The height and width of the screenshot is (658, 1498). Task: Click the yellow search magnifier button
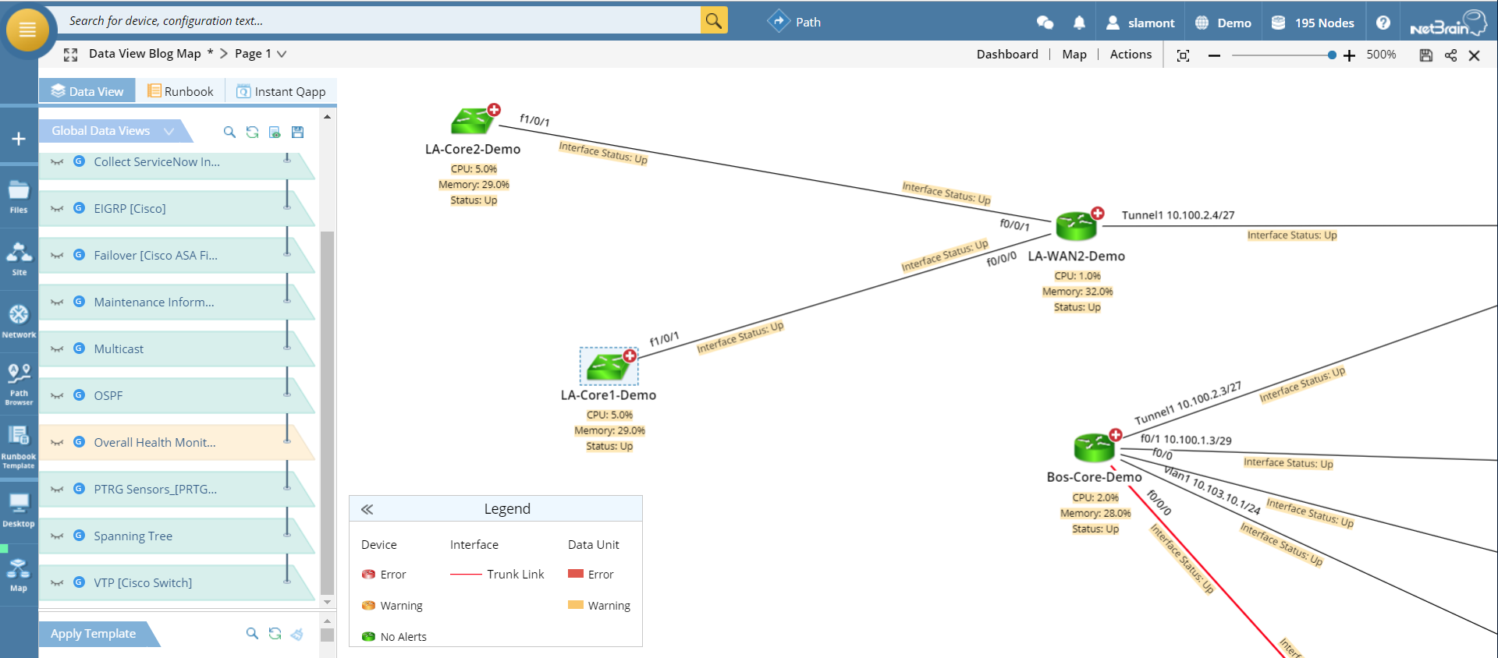pos(714,21)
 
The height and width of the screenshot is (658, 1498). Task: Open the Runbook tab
pos(180,91)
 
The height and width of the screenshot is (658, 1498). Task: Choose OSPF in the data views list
pos(108,396)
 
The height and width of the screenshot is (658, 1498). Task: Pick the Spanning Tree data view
pos(133,536)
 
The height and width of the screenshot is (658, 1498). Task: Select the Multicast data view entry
pos(119,349)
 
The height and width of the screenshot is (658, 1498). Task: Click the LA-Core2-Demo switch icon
pos(472,122)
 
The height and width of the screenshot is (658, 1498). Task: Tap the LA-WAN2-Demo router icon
pos(1076,226)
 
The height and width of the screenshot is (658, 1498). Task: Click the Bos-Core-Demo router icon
pos(1094,448)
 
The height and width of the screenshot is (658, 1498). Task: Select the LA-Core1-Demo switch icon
pos(608,366)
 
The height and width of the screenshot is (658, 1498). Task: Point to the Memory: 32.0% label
pos(1077,292)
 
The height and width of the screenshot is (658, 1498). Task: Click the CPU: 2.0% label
pos(1095,497)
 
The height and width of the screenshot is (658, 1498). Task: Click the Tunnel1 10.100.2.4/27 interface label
pos(1177,215)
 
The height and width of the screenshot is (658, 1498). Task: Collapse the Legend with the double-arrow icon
pos(367,509)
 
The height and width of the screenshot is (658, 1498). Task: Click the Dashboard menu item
pos(1007,55)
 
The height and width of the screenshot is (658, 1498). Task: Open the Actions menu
pos(1131,55)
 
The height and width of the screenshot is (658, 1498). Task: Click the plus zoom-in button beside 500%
pos(1349,55)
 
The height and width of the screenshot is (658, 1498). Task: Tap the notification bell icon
pos(1079,23)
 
